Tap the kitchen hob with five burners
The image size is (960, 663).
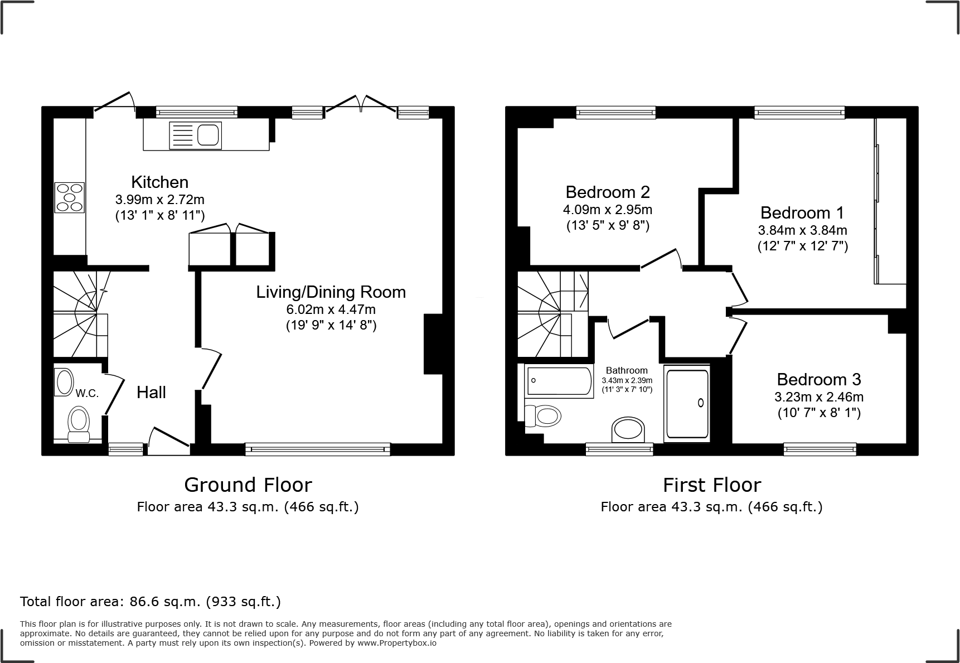(x=69, y=197)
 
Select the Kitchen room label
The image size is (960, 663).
(x=159, y=182)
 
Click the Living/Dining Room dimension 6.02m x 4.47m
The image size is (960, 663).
(x=331, y=309)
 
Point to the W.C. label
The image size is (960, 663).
(x=87, y=393)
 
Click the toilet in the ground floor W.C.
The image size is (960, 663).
(x=79, y=423)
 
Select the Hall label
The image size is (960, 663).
(x=151, y=393)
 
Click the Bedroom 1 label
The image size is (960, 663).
(x=802, y=212)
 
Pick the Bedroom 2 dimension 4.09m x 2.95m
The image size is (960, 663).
(x=607, y=210)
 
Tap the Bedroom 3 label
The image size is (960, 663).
(x=818, y=379)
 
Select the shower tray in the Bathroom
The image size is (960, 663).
(x=687, y=403)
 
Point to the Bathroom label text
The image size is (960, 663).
(x=627, y=370)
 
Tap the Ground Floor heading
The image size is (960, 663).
(x=248, y=485)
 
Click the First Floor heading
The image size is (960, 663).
(x=711, y=485)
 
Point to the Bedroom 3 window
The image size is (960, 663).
(x=820, y=448)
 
